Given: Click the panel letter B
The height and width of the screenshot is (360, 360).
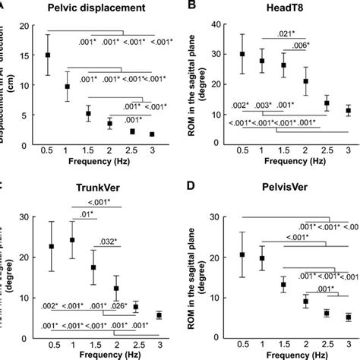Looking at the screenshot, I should pos(192,6).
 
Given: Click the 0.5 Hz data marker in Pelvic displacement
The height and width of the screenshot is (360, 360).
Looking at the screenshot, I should pos(49,55).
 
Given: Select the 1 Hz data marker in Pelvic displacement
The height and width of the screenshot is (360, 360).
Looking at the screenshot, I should pos(68,87).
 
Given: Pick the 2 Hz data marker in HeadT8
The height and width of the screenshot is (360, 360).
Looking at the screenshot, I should pos(306,81).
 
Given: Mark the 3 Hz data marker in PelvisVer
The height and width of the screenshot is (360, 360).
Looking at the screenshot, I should pos(348,317).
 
